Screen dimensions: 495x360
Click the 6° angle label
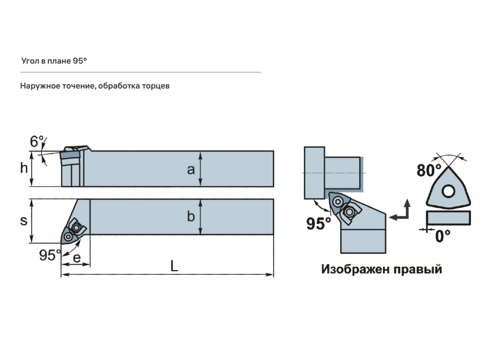pos(36,142)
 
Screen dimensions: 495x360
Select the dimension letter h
pos(24,168)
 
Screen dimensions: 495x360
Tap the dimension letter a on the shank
pos(191,170)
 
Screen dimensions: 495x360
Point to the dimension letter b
pos(191,216)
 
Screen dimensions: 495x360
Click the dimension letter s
pos(24,221)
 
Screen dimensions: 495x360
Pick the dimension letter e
pos(77,258)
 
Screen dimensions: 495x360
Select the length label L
pos(174,266)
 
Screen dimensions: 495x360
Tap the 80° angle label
pos(429,170)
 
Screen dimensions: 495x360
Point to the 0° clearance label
pos(442,236)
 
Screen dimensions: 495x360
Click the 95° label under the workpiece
pos(318,224)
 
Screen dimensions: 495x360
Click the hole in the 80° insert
pos(448,191)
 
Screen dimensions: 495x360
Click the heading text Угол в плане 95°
pos(54,61)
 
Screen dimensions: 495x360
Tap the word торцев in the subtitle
pos(156,86)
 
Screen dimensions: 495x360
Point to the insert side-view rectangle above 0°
pos(448,218)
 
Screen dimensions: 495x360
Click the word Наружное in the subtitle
pos(40,86)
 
